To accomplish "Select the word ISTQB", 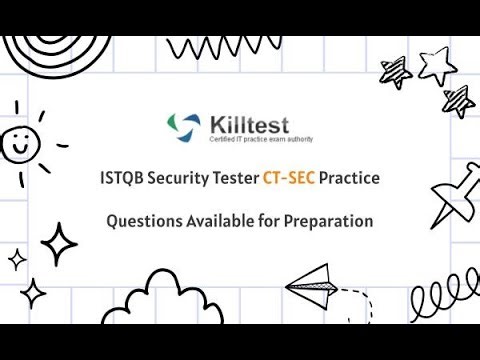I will coord(127,180).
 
